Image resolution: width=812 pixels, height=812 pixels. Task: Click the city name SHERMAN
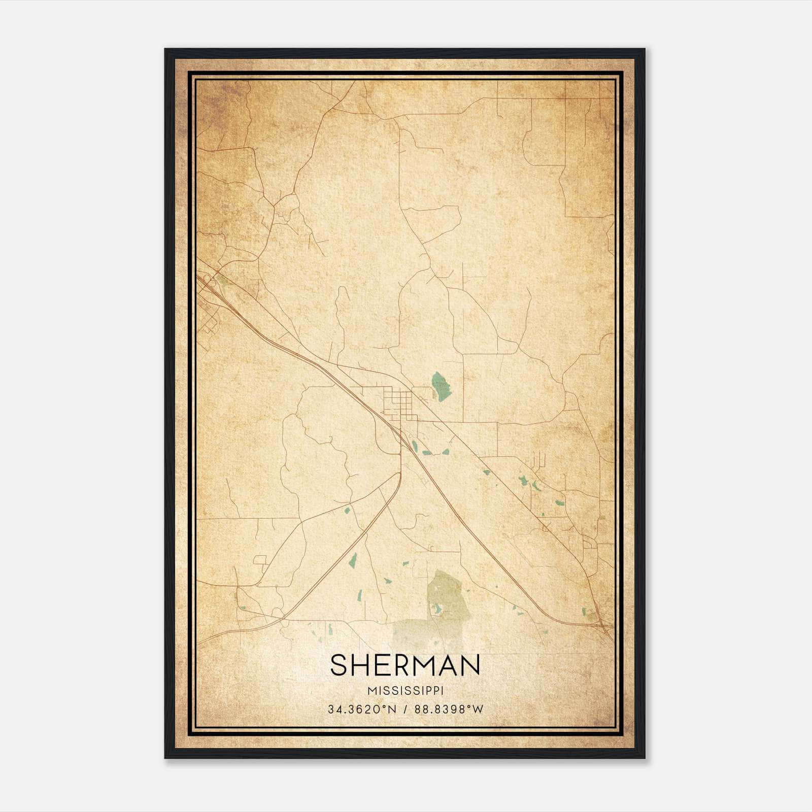405,665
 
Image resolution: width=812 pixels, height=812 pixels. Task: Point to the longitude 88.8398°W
449,709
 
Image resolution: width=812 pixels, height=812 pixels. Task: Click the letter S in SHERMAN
339,665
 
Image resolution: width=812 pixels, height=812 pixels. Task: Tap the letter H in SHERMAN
360,665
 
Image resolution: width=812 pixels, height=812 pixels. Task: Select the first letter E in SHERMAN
381,665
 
